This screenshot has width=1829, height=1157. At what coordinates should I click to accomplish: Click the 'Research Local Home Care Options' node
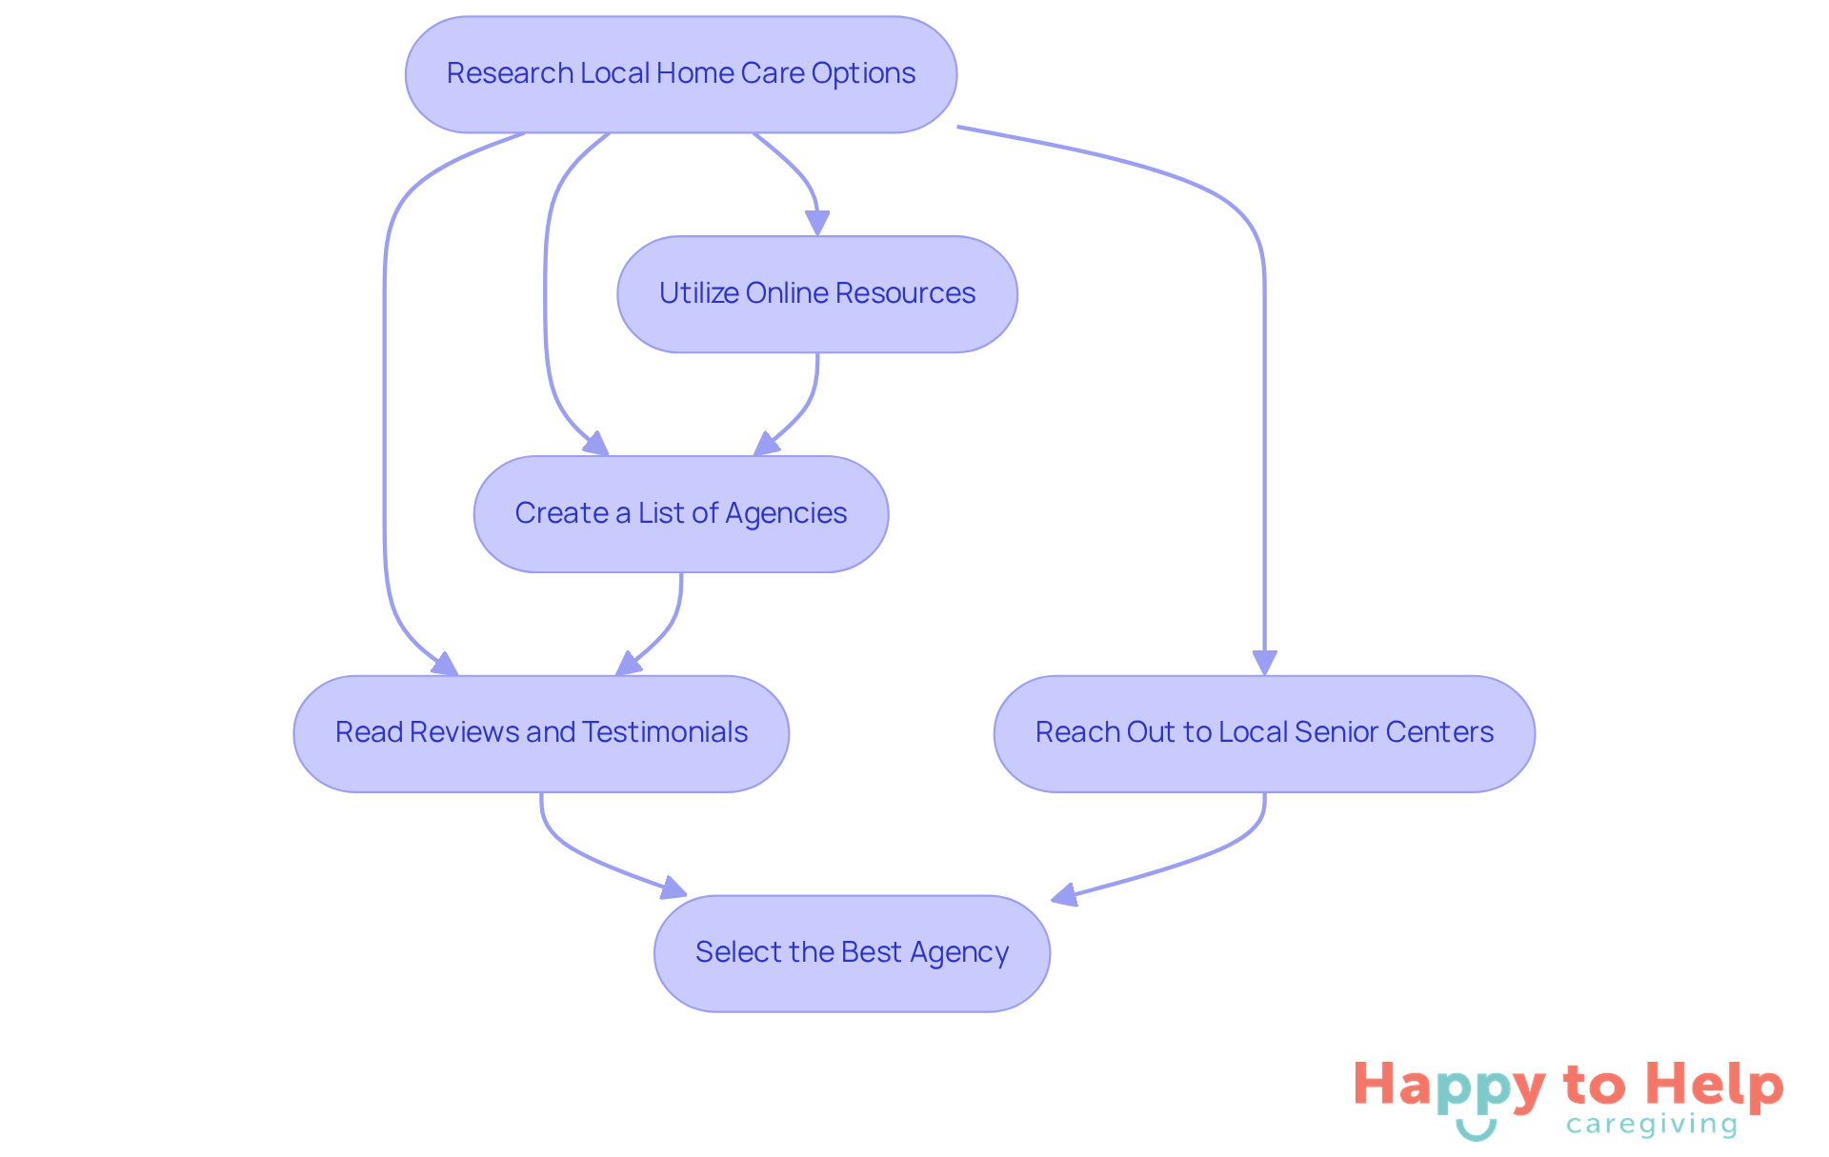680,74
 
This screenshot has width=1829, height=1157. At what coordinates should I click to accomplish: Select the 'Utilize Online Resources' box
816,294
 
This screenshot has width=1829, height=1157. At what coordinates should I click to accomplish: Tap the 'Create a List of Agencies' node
680,514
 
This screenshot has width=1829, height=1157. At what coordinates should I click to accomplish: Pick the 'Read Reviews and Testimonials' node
540,733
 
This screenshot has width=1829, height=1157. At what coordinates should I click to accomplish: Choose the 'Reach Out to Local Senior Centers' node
1263,733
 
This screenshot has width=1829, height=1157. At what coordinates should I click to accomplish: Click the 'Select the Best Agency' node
852,953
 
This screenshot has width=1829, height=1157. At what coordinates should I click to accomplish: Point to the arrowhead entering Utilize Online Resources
817,224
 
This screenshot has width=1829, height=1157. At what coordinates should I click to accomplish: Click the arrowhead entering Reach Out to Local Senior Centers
1264,663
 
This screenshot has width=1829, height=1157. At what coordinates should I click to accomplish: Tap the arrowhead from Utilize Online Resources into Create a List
766,445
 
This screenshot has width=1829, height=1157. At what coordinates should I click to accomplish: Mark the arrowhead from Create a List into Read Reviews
628,664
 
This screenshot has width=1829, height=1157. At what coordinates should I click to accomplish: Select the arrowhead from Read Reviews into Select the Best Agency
674,888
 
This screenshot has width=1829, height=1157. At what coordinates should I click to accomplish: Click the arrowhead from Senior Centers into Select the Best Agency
1063,895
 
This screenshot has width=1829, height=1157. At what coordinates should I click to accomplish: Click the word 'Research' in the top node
510,73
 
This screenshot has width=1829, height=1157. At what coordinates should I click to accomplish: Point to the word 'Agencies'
786,513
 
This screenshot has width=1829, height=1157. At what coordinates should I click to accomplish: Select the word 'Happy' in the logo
1449,1087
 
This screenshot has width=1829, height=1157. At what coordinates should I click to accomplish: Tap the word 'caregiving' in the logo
1651,1125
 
